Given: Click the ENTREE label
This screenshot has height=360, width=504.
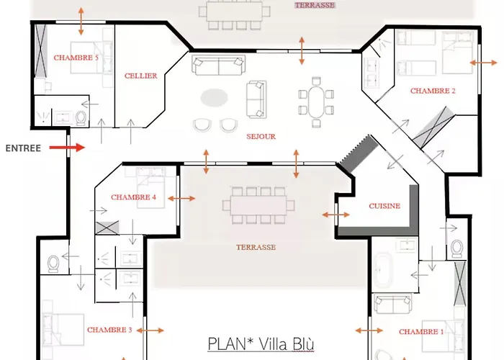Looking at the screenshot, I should pyautogui.click(x=23, y=148).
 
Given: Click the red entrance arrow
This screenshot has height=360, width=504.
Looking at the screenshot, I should pyautogui.click(x=67, y=148).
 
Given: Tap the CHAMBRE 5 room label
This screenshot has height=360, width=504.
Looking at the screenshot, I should pyautogui.click(x=76, y=58).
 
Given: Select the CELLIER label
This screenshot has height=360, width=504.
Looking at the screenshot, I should pyautogui.click(x=140, y=76).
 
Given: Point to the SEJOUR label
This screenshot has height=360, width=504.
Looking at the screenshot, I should pyautogui.click(x=261, y=136).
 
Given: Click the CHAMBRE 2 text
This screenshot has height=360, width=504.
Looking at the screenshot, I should pyautogui.click(x=433, y=91).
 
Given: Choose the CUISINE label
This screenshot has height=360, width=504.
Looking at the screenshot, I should pyautogui.click(x=384, y=206).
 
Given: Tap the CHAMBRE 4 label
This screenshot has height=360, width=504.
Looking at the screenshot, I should pyautogui.click(x=134, y=197).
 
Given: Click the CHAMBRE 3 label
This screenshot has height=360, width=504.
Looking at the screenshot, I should pyautogui.click(x=109, y=330).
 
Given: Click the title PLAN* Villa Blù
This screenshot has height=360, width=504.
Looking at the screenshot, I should pyautogui.click(x=261, y=343).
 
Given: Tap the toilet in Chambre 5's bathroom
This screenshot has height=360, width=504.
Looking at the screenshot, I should pyautogui.click(x=81, y=118).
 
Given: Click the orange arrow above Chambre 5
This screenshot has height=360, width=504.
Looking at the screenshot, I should pyautogui.click(x=81, y=21).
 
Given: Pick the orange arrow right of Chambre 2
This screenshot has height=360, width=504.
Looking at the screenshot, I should pyautogui.click(x=483, y=63).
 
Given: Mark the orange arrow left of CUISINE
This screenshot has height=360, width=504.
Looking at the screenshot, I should pyautogui.click(x=336, y=215).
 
